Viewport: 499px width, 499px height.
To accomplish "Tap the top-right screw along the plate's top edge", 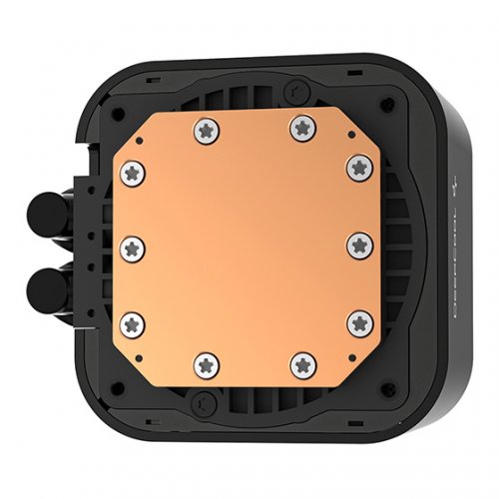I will (x=300, y=127).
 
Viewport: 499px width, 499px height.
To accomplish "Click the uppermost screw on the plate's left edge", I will (x=131, y=175).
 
